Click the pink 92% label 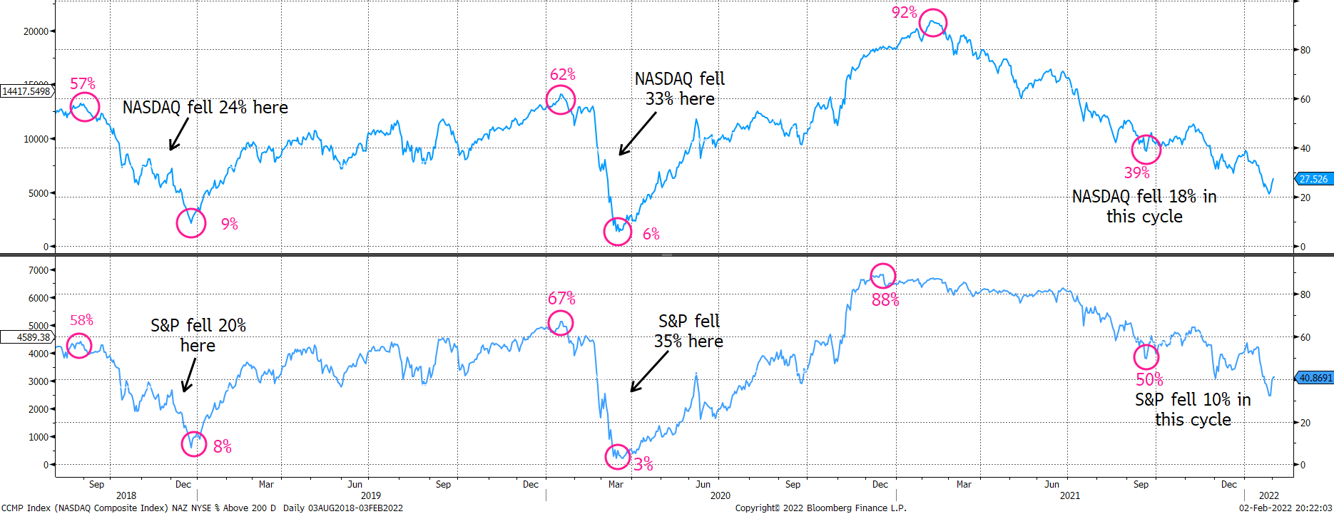(904, 12)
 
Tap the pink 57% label (82, 83)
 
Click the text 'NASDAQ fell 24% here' (205, 108)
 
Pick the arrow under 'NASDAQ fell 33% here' (637, 133)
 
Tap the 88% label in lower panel (885, 300)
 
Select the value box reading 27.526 (1313, 179)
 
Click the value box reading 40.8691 (1313, 378)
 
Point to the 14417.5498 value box (26, 91)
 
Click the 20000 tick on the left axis (36, 31)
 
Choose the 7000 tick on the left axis (39, 270)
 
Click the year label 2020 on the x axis (721, 495)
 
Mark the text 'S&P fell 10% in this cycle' (1193, 410)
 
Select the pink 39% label (1136, 173)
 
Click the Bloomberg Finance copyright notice (820, 508)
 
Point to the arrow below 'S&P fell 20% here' (189, 375)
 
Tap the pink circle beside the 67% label (548, 323)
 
